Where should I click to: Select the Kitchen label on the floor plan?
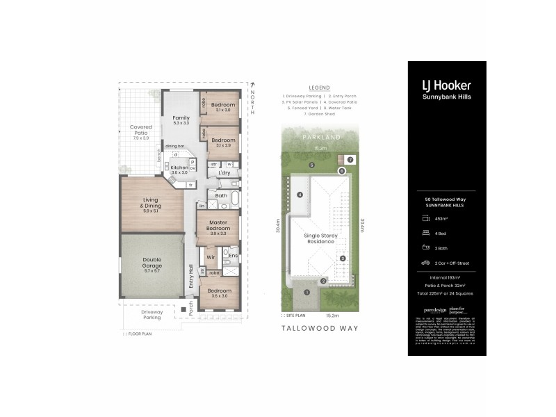click(179, 168)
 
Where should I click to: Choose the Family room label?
click(181, 119)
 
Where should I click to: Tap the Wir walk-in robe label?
click(211, 257)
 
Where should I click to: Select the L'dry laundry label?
click(224, 172)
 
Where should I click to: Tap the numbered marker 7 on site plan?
click(351, 159)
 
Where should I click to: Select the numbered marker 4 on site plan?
click(300, 195)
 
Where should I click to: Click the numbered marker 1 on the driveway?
click(306, 292)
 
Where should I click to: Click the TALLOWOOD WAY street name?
click(319, 327)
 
